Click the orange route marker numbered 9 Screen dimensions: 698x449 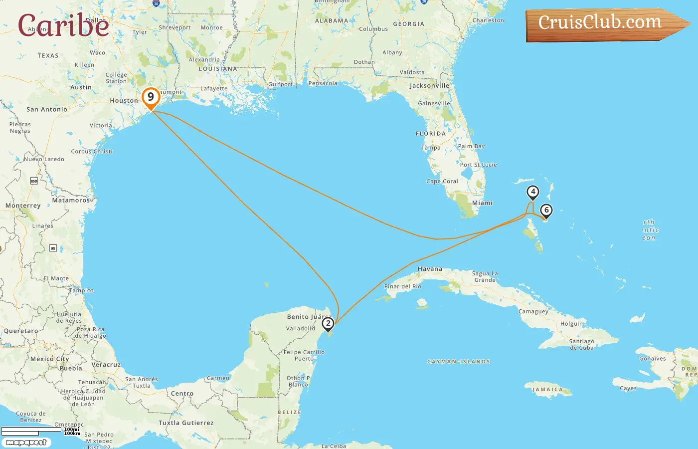pos(151,97)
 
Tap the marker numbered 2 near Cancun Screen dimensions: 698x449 pos(328,324)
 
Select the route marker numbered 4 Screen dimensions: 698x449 pos(533,192)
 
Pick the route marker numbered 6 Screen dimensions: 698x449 pos(546,211)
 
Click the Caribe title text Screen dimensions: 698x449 pos(63,25)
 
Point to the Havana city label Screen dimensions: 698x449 pos(430,269)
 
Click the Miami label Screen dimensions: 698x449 pos(482,203)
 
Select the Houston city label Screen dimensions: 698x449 pos(124,101)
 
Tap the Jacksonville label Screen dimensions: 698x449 pos(429,86)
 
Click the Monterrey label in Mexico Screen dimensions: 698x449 pos(23,206)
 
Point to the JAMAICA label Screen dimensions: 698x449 pos(547,390)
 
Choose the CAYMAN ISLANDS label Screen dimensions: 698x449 pos(459,362)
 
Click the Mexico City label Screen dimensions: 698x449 pos(50,359)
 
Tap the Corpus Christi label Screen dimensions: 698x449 pos(92,152)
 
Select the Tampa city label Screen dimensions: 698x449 pos(431,148)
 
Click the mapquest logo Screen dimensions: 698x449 pos(26,443)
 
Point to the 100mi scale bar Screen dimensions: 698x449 pos(31,429)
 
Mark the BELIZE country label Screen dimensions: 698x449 pos(289,413)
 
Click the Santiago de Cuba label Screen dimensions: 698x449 pos(582,345)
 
